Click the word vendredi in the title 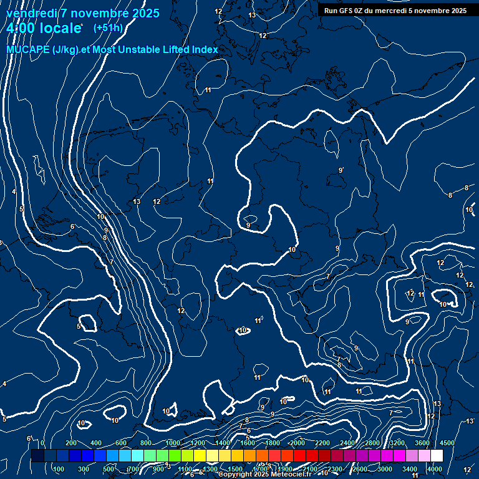(31, 13)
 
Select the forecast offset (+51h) (108, 28)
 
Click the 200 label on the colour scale (71, 443)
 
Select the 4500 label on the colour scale (447, 443)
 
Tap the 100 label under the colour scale (59, 469)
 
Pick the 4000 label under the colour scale (435, 469)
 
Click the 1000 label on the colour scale (172, 443)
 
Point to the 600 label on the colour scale (121, 443)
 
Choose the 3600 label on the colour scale (422, 443)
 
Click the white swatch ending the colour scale (437, 456)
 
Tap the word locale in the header (60, 28)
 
